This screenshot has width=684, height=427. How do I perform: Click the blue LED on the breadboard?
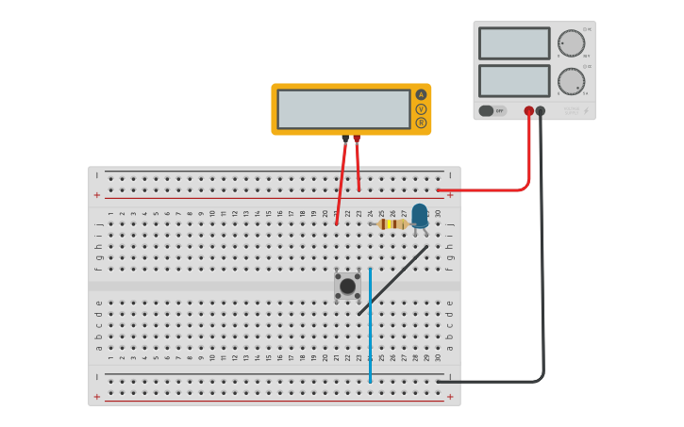point(419,215)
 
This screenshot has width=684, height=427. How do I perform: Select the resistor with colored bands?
point(392,224)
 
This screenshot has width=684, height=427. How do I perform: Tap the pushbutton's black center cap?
point(347,286)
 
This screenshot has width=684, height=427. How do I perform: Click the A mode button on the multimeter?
point(421,94)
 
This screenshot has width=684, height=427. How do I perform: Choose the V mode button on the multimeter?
point(421,108)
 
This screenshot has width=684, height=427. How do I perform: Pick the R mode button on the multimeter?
point(421,123)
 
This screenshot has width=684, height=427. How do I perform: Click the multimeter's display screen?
point(343,108)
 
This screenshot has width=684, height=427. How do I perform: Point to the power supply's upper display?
point(513,43)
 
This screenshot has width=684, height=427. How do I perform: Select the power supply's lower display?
point(513,80)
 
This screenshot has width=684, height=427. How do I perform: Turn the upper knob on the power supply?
point(570,43)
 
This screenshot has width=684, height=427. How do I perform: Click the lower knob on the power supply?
point(570,80)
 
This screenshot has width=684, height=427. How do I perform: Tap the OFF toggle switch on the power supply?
point(491,110)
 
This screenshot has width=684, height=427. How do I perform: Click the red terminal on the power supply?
point(528,111)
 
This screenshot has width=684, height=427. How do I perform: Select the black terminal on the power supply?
point(541,111)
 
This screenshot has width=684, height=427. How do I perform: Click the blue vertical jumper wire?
point(370,325)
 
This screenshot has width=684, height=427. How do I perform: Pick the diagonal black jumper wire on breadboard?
point(392,281)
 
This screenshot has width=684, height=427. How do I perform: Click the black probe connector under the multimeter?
point(345,139)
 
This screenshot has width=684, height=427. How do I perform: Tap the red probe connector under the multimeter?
point(357,139)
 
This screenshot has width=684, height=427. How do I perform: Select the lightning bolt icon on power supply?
point(586,110)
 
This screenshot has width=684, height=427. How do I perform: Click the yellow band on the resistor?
point(387,224)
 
